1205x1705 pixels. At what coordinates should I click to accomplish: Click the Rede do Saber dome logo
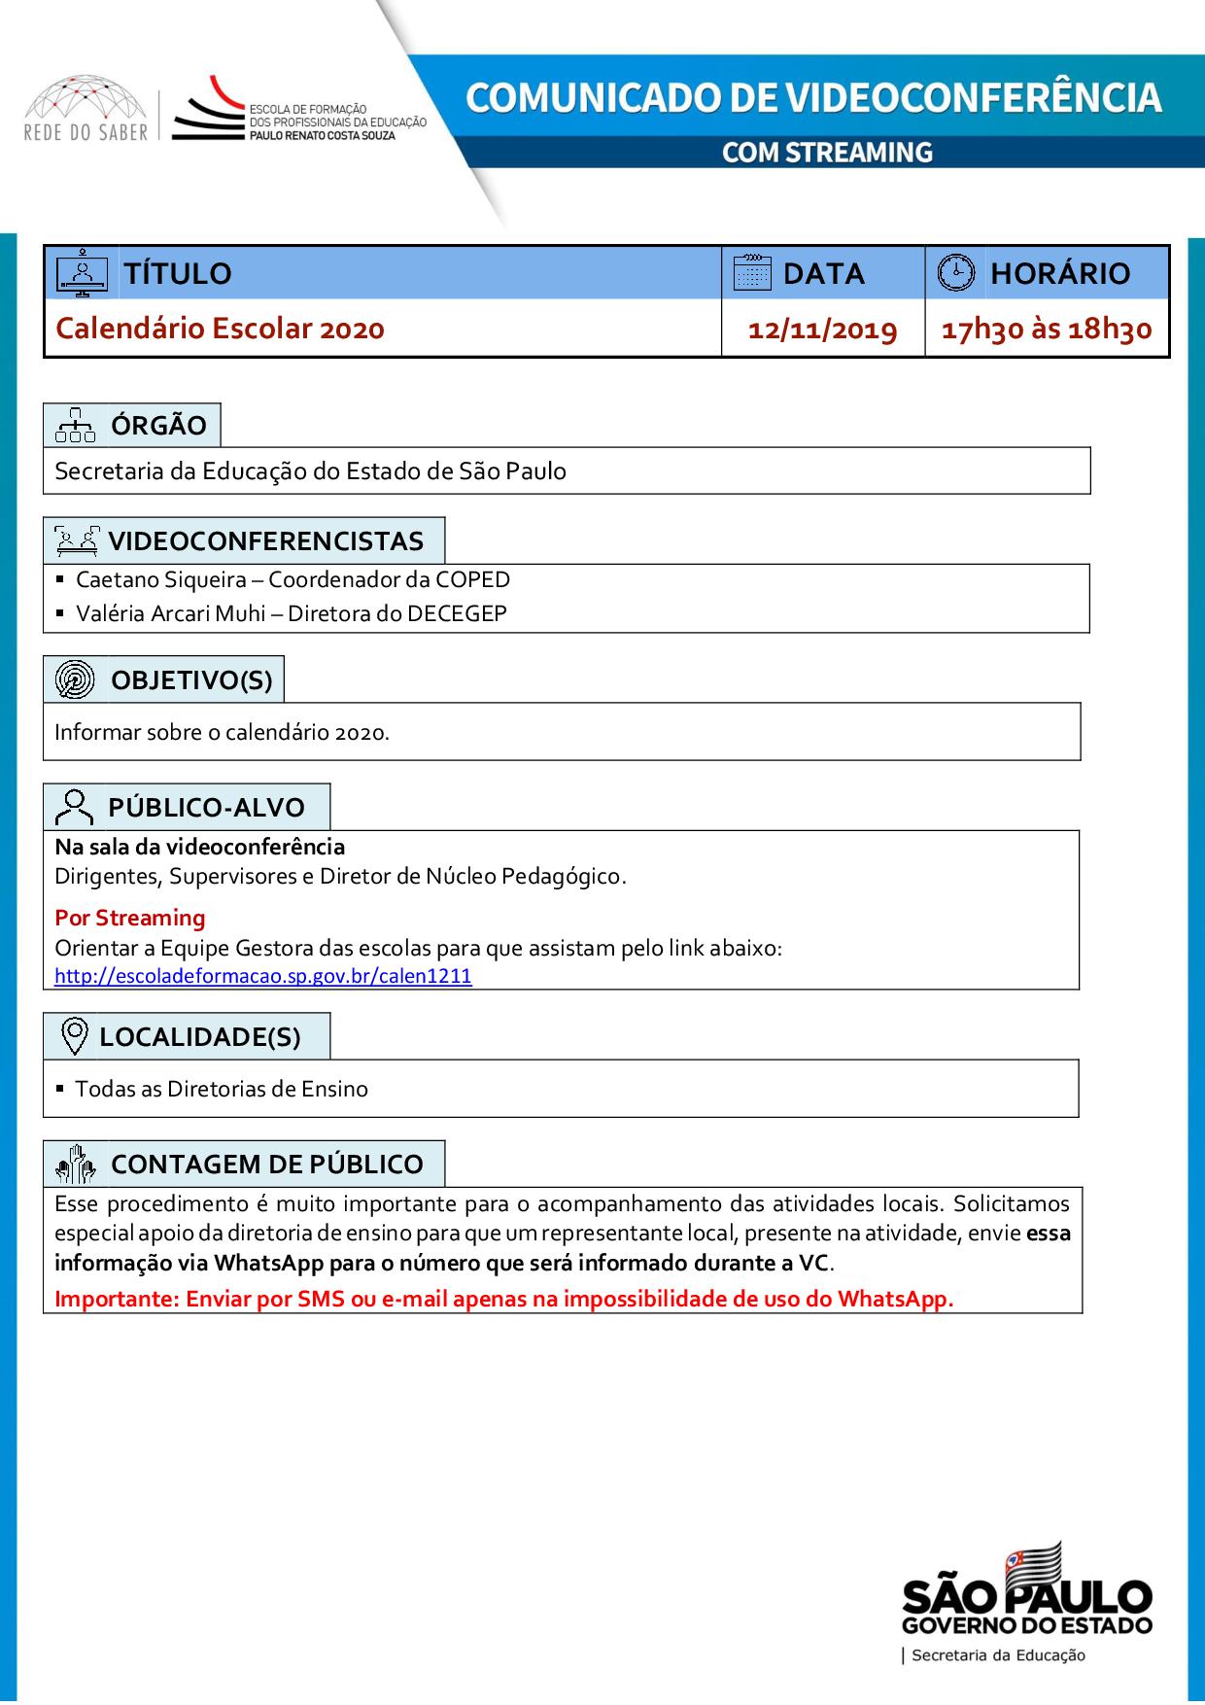point(86,111)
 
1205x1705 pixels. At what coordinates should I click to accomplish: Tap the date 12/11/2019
point(823,330)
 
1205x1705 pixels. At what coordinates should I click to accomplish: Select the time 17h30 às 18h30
point(1047,330)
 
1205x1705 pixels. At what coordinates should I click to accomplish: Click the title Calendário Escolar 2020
point(221,329)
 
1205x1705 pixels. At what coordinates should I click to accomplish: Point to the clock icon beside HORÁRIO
point(955,273)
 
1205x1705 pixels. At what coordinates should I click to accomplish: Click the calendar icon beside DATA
point(751,273)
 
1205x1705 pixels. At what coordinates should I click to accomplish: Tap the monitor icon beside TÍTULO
point(83,273)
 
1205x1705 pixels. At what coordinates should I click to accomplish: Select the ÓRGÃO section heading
point(158,426)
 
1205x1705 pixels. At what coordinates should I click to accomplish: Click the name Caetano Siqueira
point(161,580)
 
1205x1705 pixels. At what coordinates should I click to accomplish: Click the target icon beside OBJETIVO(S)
point(75,679)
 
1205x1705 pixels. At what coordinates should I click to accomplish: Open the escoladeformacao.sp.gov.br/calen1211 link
point(263,977)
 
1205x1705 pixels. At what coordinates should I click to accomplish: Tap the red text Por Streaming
point(130,918)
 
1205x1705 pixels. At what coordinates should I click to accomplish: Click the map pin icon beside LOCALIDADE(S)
point(75,1037)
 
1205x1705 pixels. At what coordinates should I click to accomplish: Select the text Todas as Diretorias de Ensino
point(222,1089)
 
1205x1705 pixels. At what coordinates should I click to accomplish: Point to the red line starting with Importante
point(504,1299)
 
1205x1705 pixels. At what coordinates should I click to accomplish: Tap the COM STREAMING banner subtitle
point(827,153)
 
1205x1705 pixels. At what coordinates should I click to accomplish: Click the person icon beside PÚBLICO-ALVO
point(75,807)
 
